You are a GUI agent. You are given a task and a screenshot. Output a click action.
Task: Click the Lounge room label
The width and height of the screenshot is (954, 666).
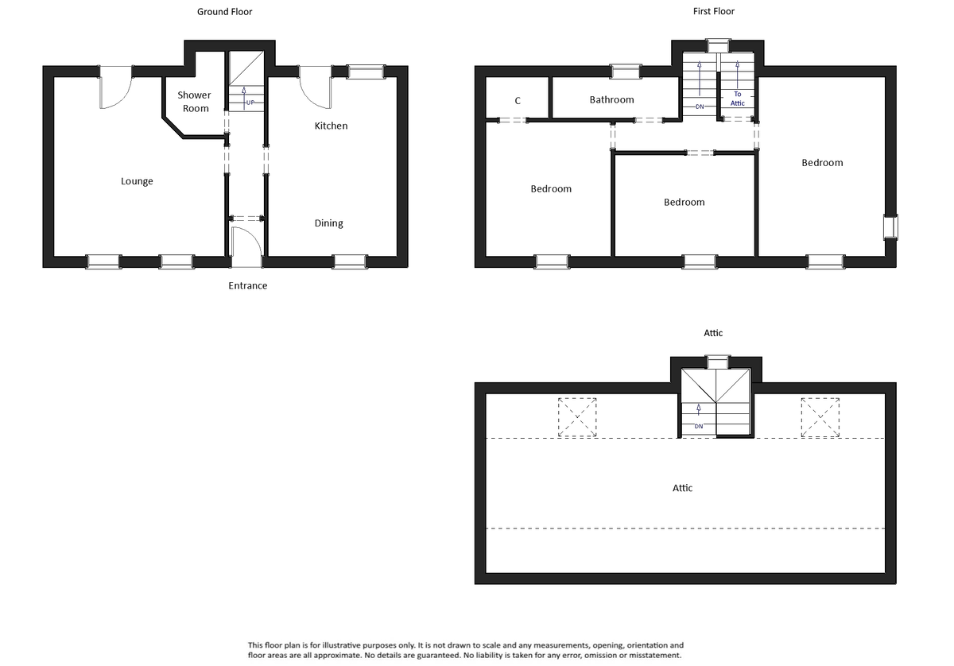(x=137, y=181)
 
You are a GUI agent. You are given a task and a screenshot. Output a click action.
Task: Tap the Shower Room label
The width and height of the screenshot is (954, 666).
(x=194, y=102)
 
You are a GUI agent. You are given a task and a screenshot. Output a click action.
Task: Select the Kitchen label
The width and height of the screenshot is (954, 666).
(x=331, y=126)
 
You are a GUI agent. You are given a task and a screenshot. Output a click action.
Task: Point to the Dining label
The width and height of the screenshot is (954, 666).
(x=328, y=223)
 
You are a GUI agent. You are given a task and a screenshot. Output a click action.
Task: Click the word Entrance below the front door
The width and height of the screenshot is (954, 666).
(x=248, y=285)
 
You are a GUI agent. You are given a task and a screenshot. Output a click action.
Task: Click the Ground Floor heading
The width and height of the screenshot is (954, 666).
(x=225, y=12)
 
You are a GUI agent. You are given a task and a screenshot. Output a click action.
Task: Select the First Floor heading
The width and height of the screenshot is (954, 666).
(x=714, y=12)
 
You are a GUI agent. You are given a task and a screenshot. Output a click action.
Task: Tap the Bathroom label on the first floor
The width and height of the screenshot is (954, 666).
(x=611, y=100)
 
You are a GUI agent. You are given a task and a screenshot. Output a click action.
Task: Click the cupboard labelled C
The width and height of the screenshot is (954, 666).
(x=518, y=101)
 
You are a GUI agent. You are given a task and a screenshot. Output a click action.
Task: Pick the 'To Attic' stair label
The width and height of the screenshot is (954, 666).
(x=737, y=99)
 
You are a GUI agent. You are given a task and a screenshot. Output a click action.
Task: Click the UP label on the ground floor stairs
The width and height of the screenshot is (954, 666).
(x=250, y=103)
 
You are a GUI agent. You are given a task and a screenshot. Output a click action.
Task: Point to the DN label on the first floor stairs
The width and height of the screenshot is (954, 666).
(x=700, y=106)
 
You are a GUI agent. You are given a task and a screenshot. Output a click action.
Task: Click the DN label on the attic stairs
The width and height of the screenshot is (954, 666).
(x=699, y=427)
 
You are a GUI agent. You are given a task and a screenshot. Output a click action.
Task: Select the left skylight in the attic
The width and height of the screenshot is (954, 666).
(x=577, y=416)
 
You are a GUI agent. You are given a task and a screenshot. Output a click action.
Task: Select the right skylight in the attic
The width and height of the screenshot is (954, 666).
(x=820, y=416)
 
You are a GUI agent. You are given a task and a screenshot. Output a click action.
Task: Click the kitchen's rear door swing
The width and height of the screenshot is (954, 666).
(x=316, y=87)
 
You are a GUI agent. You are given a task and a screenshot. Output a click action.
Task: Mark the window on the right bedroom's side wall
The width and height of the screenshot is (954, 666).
(x=890, y=227)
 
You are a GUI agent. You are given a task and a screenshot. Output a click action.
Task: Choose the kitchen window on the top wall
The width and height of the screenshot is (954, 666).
(x=365, y=72)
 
